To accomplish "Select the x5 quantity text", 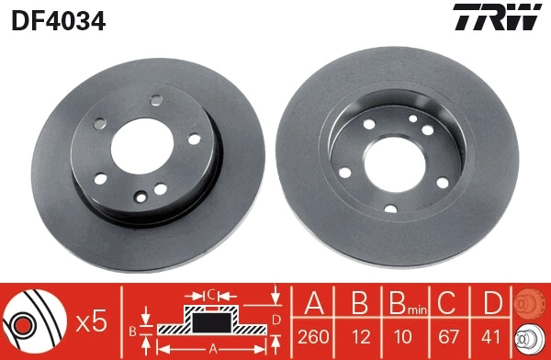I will coord(92,321).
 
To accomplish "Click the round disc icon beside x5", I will coord(35,322).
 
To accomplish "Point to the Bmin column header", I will coord(405,304).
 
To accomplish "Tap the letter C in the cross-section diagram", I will coord(210,296).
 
